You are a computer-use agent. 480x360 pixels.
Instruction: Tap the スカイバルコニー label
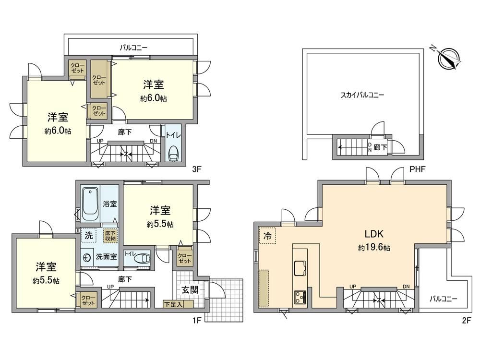[x=362, y=95]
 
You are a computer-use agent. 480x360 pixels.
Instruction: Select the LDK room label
[x=373, y=235]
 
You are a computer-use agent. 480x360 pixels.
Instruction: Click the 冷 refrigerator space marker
[x=267, y=236]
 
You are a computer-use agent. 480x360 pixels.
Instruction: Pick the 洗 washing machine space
[x=89, y=236]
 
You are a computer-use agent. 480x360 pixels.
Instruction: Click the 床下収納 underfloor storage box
[x=111, y=236]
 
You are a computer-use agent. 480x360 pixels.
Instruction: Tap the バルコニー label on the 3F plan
[x=133, y=48]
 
